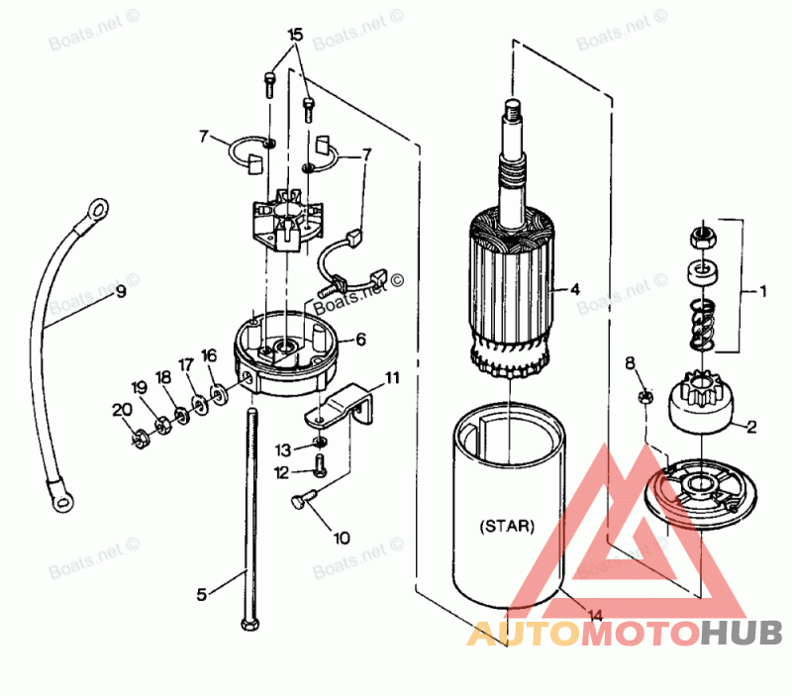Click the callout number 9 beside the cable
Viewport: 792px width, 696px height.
121,292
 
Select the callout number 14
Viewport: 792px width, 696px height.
594,616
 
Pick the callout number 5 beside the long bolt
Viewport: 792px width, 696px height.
202,594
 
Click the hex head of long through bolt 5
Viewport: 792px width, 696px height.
247,624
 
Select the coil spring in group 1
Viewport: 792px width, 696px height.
700,323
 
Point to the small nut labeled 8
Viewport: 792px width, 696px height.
643,397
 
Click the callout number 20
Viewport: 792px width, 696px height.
120,409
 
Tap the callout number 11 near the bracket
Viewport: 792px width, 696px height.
393,377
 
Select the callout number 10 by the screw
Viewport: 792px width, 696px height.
341,539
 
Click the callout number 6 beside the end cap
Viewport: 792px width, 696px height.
360,339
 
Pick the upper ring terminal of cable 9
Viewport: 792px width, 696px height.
98,209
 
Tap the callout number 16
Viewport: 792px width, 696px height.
209,355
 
